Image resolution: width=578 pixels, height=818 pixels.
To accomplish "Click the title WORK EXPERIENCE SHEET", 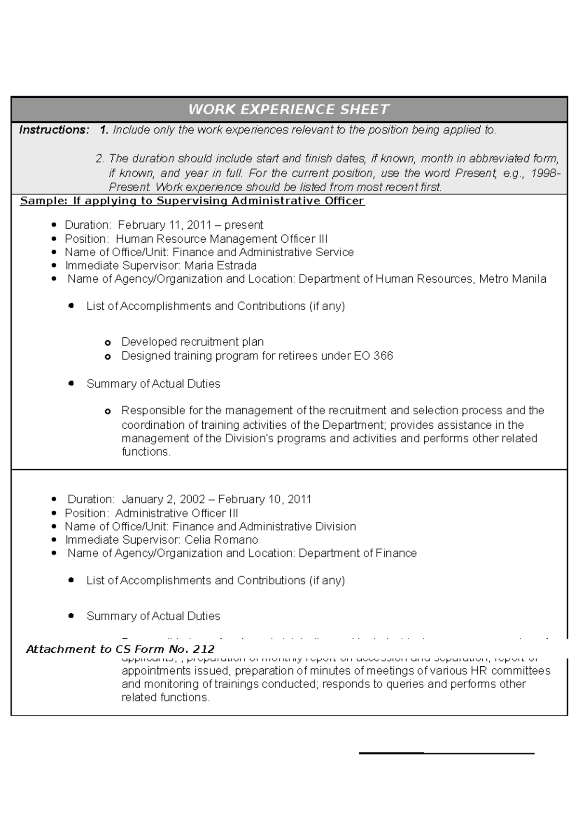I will pos(289,110).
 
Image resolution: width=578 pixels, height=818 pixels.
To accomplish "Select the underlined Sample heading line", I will pos(192,201).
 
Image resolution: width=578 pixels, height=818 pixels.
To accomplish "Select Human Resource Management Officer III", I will pos(222,239).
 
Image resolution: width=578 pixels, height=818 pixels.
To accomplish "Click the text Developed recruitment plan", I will pos(192,342).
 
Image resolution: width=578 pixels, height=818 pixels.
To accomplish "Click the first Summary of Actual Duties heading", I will pos(153,384).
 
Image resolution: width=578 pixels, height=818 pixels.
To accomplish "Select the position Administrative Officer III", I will pos(176,513).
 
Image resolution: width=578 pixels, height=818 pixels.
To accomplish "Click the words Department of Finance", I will pos(357,553).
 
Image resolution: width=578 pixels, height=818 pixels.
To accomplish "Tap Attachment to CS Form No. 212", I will pos(120,649).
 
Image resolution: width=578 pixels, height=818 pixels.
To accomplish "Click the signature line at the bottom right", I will pos(447,752).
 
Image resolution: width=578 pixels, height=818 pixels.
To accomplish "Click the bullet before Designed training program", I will pos(108,357).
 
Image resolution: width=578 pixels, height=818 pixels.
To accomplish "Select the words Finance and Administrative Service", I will pos(263,252).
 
